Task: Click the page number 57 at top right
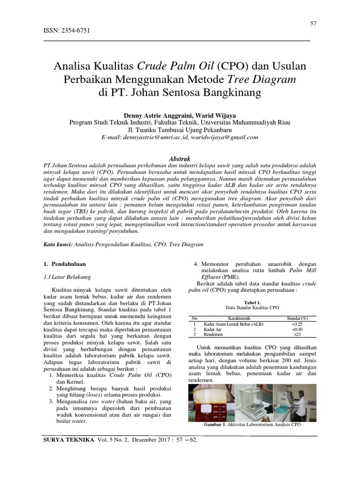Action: pyautogui.click(x=314, y=23)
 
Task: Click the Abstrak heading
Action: pyautogui.click(x=180, y=159)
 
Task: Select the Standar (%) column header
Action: pyautogui.click(x=297, y=318)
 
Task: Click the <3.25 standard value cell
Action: pyautogui.click(x=297, y=324)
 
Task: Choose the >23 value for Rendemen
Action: pyautogui.click(x=297, y=335)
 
